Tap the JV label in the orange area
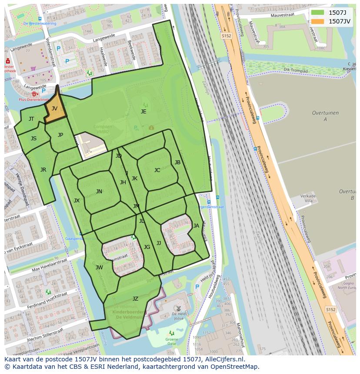54,109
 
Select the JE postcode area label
143,112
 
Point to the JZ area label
135,299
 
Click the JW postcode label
99,268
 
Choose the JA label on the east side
196,226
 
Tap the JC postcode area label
157,170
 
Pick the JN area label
99,192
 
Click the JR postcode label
43,170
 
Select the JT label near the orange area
31,119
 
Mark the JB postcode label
177,163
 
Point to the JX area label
77,201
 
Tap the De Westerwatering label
40,23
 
